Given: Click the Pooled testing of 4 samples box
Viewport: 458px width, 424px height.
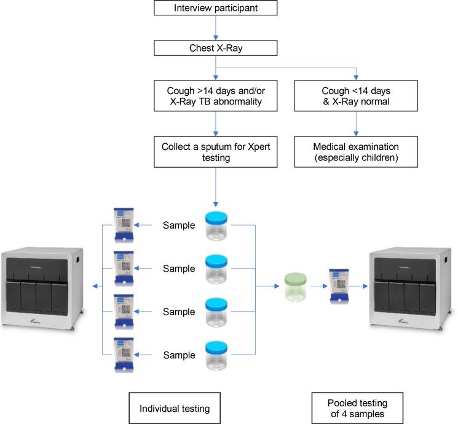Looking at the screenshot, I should click(x=358, y=408).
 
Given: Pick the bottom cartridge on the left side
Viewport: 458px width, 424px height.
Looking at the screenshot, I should click(x=124, y=355).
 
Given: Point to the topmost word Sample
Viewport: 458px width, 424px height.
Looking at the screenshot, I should click(x=178, y=226).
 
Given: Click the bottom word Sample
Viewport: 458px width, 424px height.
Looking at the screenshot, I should click(x=178, y=355).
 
